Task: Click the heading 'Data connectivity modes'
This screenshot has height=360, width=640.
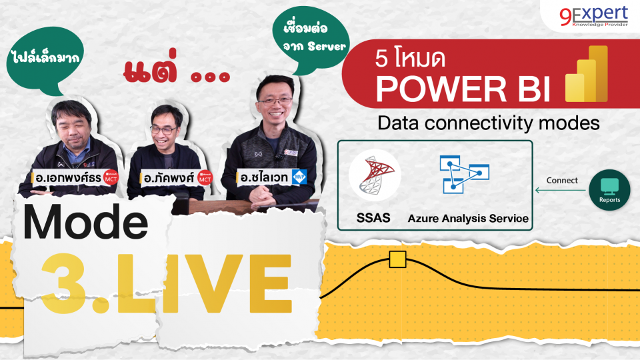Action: (488, 123)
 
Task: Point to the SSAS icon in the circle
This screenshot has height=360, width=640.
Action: (374, 175)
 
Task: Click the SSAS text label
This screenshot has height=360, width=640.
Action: (373, 218)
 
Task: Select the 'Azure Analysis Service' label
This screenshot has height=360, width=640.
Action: (468, 218)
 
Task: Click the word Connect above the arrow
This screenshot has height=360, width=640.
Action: (562, 180)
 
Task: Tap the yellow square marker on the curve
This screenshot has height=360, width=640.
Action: (397, 259)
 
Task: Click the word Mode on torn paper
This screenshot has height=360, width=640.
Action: (85, 224)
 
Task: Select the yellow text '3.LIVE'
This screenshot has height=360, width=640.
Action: (167, 280)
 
